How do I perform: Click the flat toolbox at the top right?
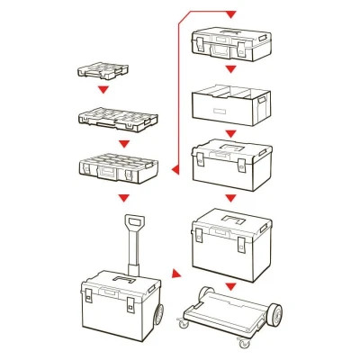(x=230, y=41)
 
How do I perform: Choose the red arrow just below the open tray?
(x=230, y=129)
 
